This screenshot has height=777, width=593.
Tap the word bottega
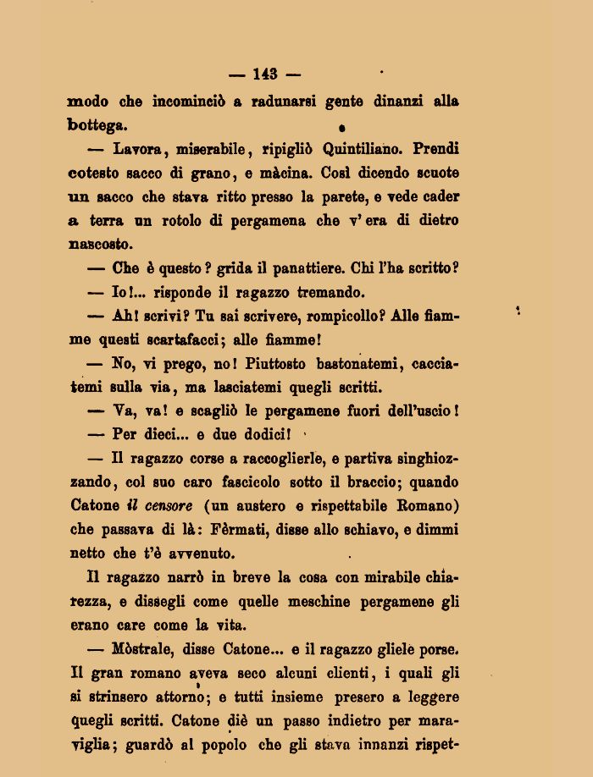97,125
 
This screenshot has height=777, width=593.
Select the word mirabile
370,578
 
